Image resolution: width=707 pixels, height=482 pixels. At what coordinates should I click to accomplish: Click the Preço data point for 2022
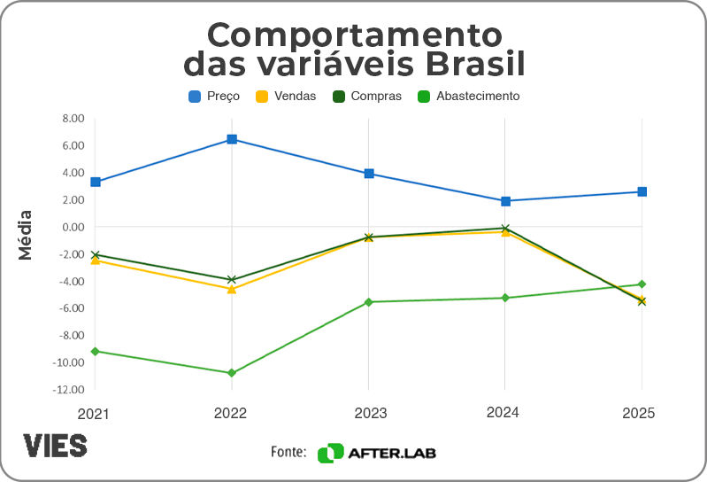[232, 139]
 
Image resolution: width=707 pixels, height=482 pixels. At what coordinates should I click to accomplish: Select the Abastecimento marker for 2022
[232, 373]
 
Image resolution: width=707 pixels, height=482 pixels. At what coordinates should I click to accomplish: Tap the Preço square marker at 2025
[642, 191]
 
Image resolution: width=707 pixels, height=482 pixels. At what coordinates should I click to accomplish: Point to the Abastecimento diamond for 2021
[95, 351]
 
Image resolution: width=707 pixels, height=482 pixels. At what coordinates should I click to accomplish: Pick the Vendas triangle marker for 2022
[232, 289]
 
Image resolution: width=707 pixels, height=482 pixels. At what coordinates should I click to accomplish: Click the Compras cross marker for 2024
[505, 229]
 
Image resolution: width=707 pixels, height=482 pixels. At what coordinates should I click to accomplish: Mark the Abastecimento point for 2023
[368, 302]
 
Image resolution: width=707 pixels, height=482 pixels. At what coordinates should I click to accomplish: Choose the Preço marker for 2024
[505, 201]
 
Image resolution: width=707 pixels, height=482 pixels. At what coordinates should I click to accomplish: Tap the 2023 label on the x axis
[368, 413]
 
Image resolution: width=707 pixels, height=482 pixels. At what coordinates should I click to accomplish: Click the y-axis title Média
[26, 235]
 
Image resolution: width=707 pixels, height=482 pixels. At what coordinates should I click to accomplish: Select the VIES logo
[55, 445]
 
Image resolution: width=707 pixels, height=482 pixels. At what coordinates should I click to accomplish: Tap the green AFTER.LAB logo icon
[330, 453]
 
